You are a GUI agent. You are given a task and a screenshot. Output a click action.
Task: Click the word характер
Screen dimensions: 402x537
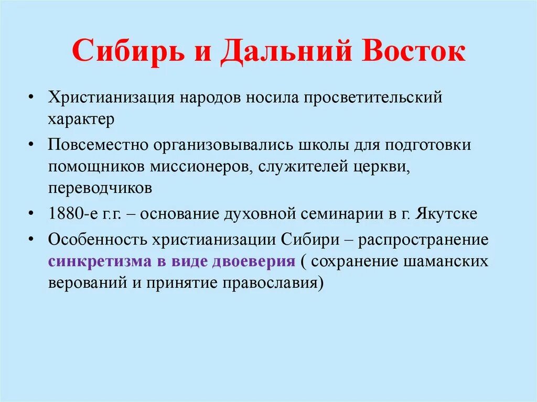pos(81,118)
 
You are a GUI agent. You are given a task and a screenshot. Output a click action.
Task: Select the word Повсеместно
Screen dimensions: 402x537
pos(98,145)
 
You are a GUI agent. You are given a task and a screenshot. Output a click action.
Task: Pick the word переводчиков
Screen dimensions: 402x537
pos(100,188)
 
